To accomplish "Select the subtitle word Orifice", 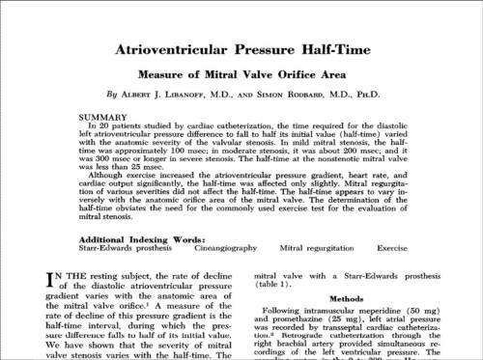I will click(x=302, y=73).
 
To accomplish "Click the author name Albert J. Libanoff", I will click(x=170, y=95).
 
